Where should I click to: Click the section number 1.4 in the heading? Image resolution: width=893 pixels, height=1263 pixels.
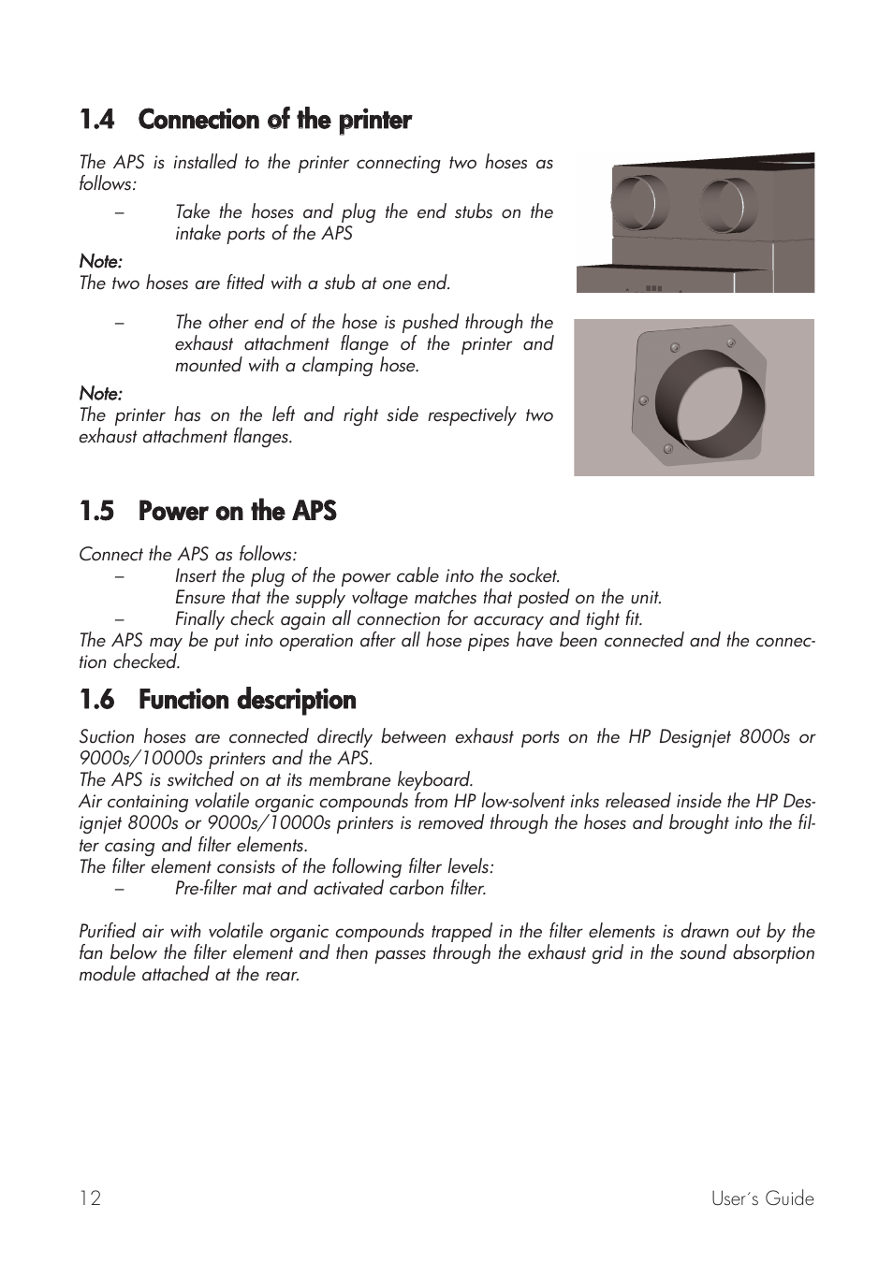click(96, 120)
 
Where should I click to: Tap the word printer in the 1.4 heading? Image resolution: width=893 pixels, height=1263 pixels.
click(374, 120)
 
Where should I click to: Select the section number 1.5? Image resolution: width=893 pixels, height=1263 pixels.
click(96, 511)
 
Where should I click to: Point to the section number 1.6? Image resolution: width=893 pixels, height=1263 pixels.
click(96, 700)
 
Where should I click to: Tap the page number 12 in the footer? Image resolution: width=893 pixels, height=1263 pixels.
click(90, 1198)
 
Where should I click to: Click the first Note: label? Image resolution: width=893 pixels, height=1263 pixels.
click(100, 261)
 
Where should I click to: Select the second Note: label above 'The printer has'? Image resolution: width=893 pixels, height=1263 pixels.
click(100, 393)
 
